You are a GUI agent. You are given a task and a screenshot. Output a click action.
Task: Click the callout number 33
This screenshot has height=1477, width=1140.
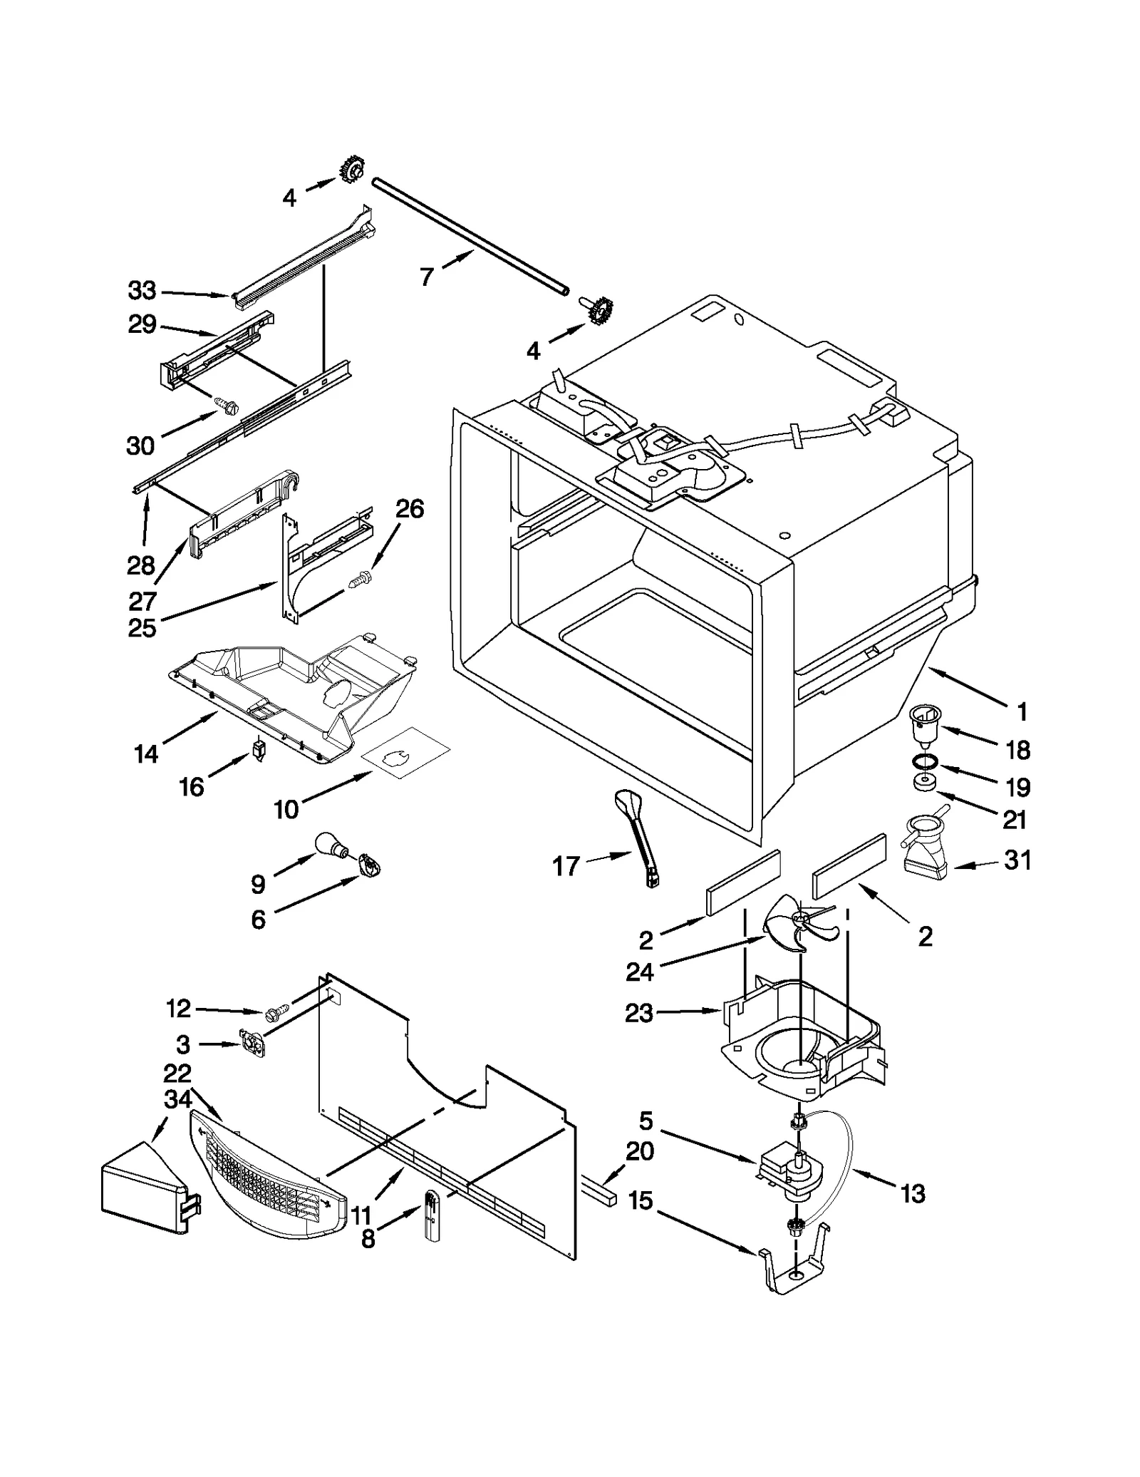(x=142, y=291)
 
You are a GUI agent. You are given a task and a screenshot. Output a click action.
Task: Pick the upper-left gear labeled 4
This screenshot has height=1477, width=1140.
(x=351, y=170)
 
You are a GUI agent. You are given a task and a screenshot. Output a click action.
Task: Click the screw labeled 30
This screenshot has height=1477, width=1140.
(x=229, y=407)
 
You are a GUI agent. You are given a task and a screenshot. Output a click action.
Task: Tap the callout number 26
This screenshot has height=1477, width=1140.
(x=410, y=509)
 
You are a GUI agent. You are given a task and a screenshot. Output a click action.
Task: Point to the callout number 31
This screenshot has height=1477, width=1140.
(x=1017, y=860)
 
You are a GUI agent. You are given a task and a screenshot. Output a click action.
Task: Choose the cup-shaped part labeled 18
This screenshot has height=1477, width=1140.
(x=926, y=727)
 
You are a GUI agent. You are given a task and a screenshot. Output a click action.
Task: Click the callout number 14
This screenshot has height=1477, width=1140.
(x=146, y=754)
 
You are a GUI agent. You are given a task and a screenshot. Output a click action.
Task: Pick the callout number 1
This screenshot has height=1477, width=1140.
(x=1022, y=711)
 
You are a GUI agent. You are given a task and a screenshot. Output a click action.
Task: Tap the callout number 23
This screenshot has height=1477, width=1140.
(x=639, y=1013)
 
